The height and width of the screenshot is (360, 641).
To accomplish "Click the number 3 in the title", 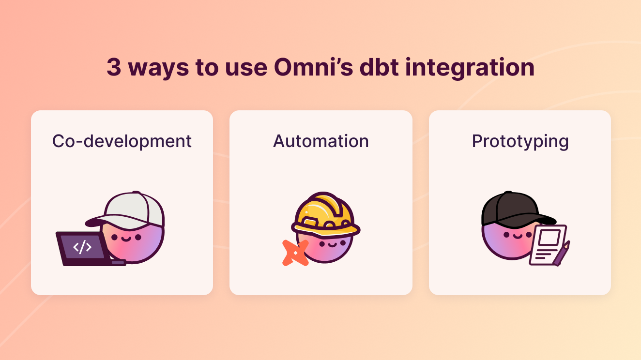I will (x=114, y=67).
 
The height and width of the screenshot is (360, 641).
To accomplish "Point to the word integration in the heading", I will (x=470, y=67).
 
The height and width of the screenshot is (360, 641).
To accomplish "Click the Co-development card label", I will (x=122, y=141).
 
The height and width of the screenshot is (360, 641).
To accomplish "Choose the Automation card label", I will (x=321, y=141).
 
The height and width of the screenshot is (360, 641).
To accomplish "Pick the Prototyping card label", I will (x=520, y=141).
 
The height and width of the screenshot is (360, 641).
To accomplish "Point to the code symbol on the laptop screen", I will (x=82, y=247).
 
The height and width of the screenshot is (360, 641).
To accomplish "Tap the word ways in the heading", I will (x=158, y=67).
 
